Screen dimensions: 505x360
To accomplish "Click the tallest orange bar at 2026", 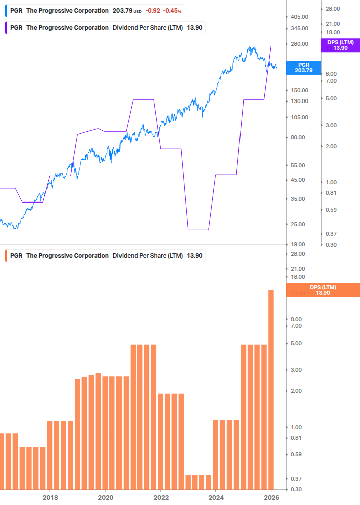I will [x=271, y=389].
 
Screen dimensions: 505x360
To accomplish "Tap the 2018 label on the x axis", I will [x=50, y=498].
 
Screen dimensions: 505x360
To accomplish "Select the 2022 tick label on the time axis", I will [x=161, y=498].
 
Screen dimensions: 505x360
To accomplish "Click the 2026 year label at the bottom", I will [x=271, y=498].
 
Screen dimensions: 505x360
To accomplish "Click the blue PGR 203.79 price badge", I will [x=303, y=68].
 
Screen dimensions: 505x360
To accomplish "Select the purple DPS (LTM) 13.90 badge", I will [x=340, y=45].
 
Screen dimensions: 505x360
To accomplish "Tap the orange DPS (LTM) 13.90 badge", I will [x=322, y=290].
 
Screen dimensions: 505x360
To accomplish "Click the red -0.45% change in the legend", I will [x=172, y=11].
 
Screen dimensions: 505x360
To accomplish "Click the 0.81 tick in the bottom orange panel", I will [x=296, y=438].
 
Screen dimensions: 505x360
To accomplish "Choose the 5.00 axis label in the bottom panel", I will [x=296, y=344].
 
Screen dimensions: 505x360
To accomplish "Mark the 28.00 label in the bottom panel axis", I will [x=298, y=254].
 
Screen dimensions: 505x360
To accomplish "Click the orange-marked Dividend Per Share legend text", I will [x=148, y=256].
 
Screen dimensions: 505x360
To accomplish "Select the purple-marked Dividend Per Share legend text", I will [x=148, y=27].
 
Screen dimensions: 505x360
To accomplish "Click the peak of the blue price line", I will [x=250, y=47].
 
